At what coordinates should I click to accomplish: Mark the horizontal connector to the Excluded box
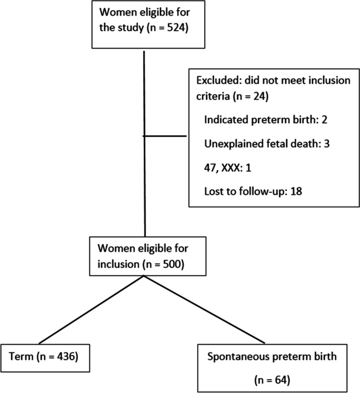coord(166,136)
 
